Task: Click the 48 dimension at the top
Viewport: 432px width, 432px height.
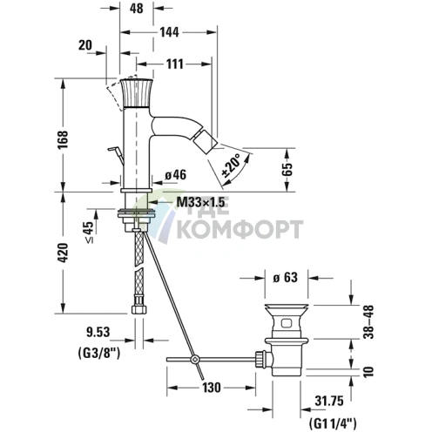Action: tap(137, 9)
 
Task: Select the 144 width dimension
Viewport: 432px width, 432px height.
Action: tap(170, 32)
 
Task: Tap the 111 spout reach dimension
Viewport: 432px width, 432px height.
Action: tap(175, 64)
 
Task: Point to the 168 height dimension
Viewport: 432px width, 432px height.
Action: tap(63, 139)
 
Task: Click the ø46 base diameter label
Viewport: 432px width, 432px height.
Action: tap(175, 175)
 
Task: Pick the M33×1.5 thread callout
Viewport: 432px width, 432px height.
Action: tap(201, 202)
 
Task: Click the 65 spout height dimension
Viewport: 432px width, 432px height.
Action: tap(287, 170)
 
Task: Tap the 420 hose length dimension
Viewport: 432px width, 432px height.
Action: tap(63, 253)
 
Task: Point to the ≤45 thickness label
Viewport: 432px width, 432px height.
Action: tap(90, 233)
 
